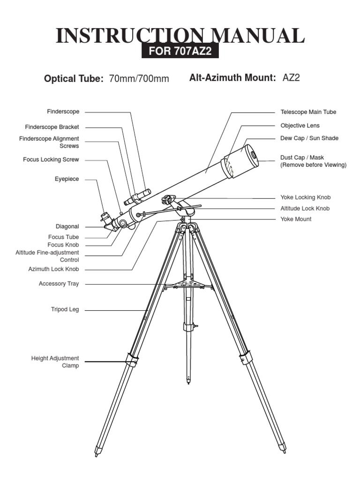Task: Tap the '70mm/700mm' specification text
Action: tap(139, 79)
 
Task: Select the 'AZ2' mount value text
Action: tap(291, 78)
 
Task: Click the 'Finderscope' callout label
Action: tap(63, 112)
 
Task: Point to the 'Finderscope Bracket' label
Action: tap(52, 127)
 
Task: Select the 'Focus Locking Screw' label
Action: tap(51, 160)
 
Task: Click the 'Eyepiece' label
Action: tap(67, 179)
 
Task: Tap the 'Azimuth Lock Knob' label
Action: tap(53, 270)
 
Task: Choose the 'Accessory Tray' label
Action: tap(59, 284)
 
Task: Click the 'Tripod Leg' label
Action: tap(65, 310)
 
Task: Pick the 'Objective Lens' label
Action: tap(300, 126)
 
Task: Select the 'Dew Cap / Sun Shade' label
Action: tap(309, 138)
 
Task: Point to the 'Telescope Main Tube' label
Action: tap(308, 112)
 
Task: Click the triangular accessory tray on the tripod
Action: tap(187, 284)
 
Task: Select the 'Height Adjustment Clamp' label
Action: tap(55, 362)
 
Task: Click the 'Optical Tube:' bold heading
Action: tap(74, 79)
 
